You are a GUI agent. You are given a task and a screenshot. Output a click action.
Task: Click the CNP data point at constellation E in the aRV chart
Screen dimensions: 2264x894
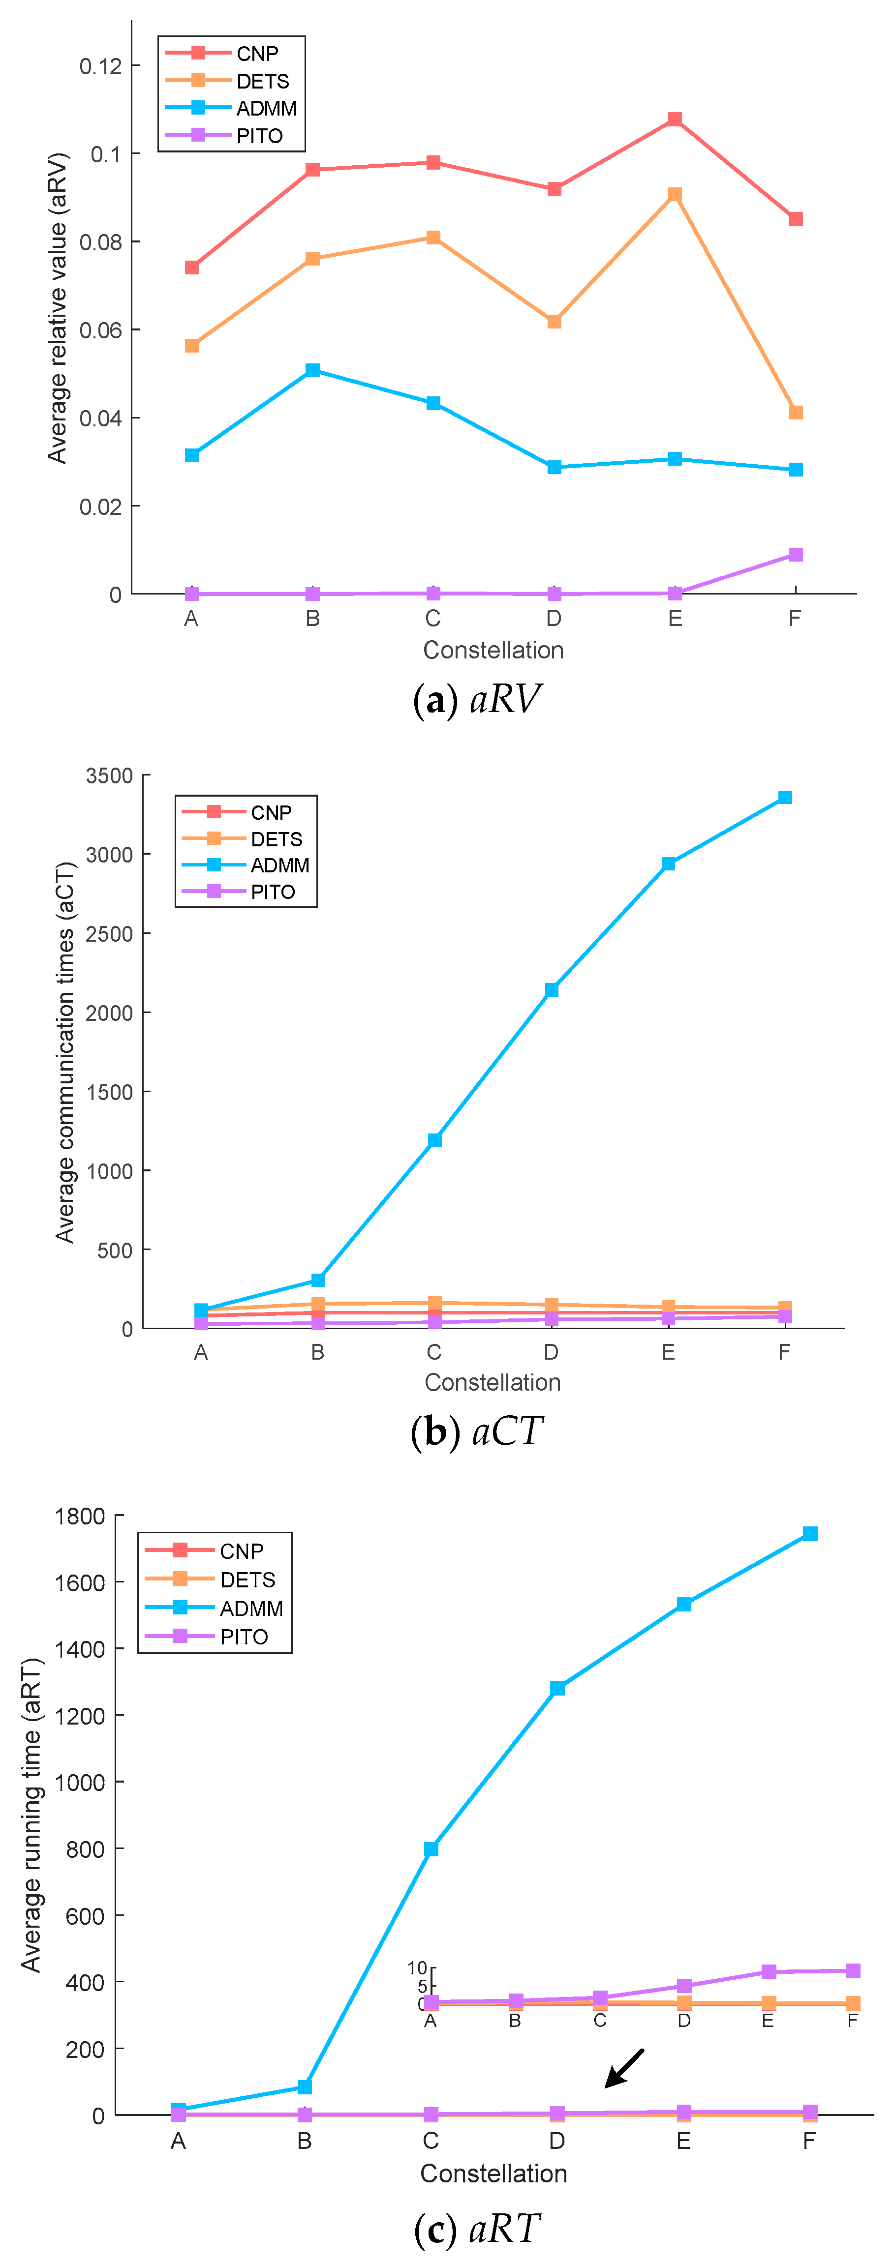click(x=674, y=119)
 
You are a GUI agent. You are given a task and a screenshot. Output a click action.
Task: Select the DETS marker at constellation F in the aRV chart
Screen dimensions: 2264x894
click(x=796, y=412)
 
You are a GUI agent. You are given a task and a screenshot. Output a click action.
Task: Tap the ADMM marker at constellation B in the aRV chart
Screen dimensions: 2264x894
click(x=312, y=370)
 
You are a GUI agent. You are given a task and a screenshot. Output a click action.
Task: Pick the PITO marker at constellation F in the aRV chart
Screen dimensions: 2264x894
click(x=796, y=555)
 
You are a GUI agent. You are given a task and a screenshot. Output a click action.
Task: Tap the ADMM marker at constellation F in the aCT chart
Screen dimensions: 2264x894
click(x=785, y=797)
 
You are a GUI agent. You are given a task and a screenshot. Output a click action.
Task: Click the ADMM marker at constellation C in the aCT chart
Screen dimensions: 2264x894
click(x=434, y=1140)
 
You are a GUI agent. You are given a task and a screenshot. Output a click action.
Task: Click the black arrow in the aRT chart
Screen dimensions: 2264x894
click(x=624, y=2068)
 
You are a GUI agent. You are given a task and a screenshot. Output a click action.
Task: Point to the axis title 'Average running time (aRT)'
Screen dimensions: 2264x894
click(x=31, y=1815)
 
